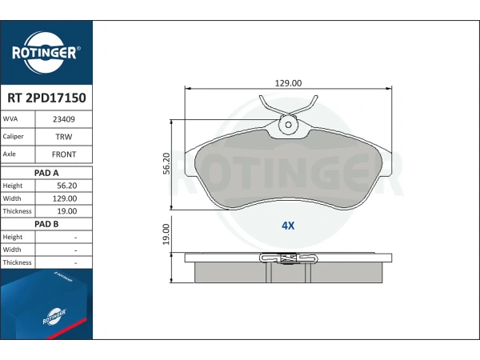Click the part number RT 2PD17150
(46, 98)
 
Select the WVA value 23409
(64, 119)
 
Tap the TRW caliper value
(64, 137)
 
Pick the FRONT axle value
(64, 154)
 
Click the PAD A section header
(46, 173)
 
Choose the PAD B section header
(46, 224)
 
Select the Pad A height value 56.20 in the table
(66, 186)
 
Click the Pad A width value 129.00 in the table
(65, 198)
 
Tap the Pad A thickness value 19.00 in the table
(66, 211)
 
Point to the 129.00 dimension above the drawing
(288, 83)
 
